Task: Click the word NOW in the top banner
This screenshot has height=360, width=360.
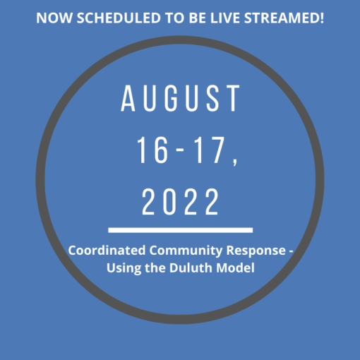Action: click(54, 18)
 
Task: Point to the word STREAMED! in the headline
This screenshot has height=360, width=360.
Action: click(284, 18)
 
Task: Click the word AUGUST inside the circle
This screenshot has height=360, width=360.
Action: click(180, 98)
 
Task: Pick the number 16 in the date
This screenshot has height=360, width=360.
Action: click(153, 150)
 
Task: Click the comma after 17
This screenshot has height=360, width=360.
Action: click(235, 162)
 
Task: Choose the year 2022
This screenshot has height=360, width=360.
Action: click(180, 202)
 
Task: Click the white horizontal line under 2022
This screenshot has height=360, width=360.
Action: click(181, 230)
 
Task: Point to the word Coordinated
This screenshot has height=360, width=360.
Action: click(107, 250)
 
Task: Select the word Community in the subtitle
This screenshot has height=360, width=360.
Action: click(186, 251)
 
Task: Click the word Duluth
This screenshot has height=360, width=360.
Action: click(191, 268)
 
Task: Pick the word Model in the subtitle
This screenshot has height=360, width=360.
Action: click(235, 268)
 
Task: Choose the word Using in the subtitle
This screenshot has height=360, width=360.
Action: click(124, 269)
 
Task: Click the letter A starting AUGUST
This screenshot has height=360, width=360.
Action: click(128, 98)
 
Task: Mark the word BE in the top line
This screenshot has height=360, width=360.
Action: click(198, 18)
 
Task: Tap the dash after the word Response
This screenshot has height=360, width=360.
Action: click(291, 251)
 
